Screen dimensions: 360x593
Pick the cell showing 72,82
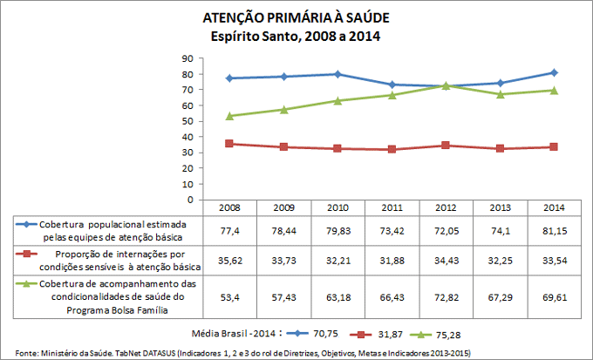point(445,291)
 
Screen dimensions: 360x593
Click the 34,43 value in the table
point(445,260)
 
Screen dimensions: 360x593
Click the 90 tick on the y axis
point(187,58)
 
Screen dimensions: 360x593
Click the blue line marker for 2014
point(554,72)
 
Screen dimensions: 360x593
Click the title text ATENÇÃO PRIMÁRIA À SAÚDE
point(296,18)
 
